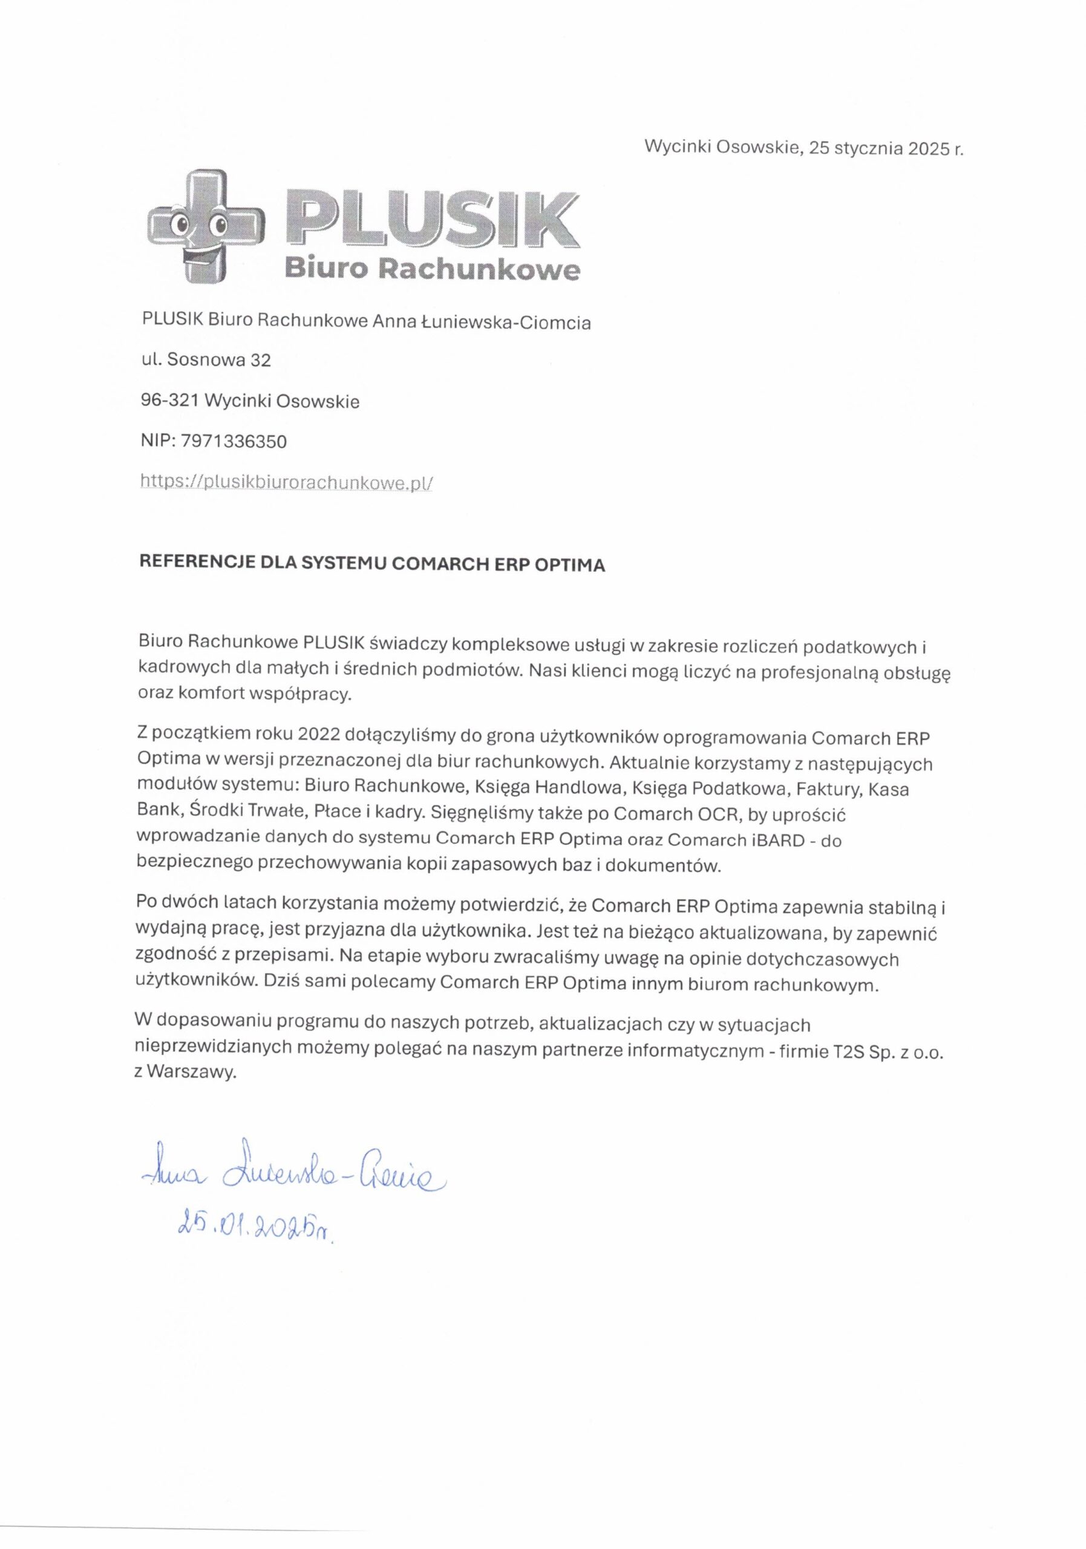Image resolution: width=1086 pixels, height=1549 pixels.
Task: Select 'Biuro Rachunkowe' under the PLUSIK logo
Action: [432, 270]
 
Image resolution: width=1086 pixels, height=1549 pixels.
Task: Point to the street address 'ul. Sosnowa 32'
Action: [206, 360]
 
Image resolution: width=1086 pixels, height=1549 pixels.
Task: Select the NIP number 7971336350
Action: [234, 442]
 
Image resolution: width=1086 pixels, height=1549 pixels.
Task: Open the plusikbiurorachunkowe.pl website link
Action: [286, 482]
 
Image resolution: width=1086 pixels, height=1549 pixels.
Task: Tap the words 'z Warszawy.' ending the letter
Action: [186, 1074]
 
